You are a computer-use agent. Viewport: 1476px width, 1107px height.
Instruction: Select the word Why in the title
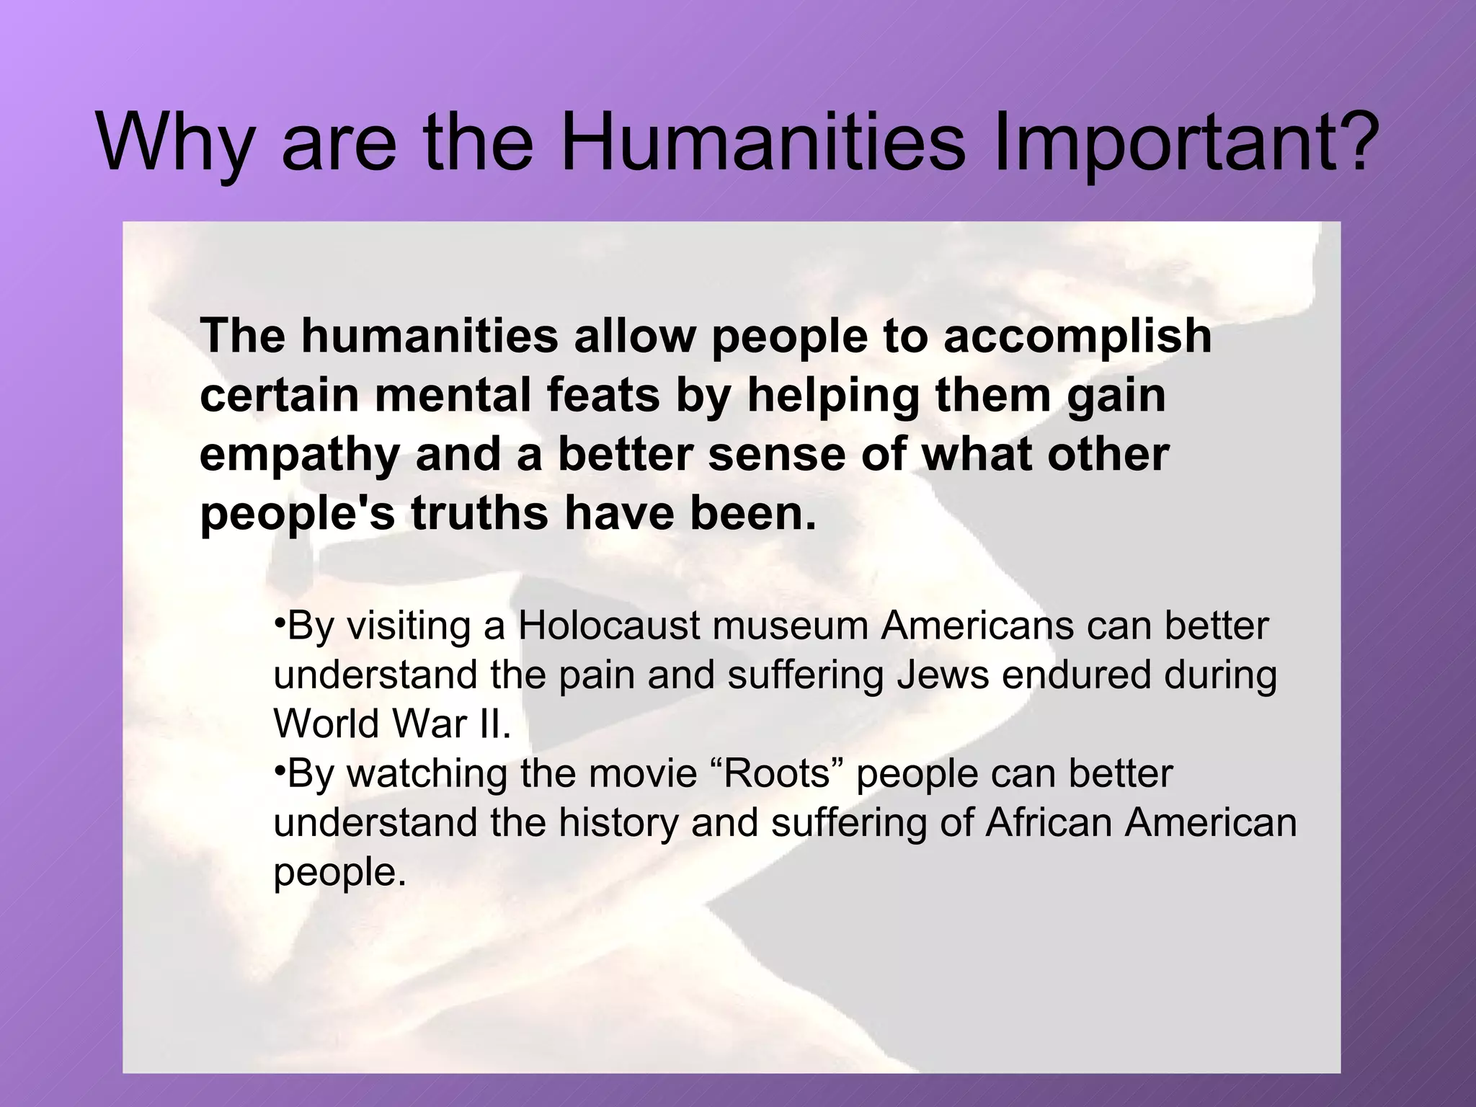(x=174, y=144)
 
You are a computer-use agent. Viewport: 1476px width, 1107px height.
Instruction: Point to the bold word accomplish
(x=1077, y=337)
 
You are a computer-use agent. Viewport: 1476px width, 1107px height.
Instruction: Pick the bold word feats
(x=603, y=396)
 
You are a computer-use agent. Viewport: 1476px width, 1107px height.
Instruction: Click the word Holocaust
(x=609, y=626)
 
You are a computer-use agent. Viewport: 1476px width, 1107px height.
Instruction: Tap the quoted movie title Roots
(x=778, y=773)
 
